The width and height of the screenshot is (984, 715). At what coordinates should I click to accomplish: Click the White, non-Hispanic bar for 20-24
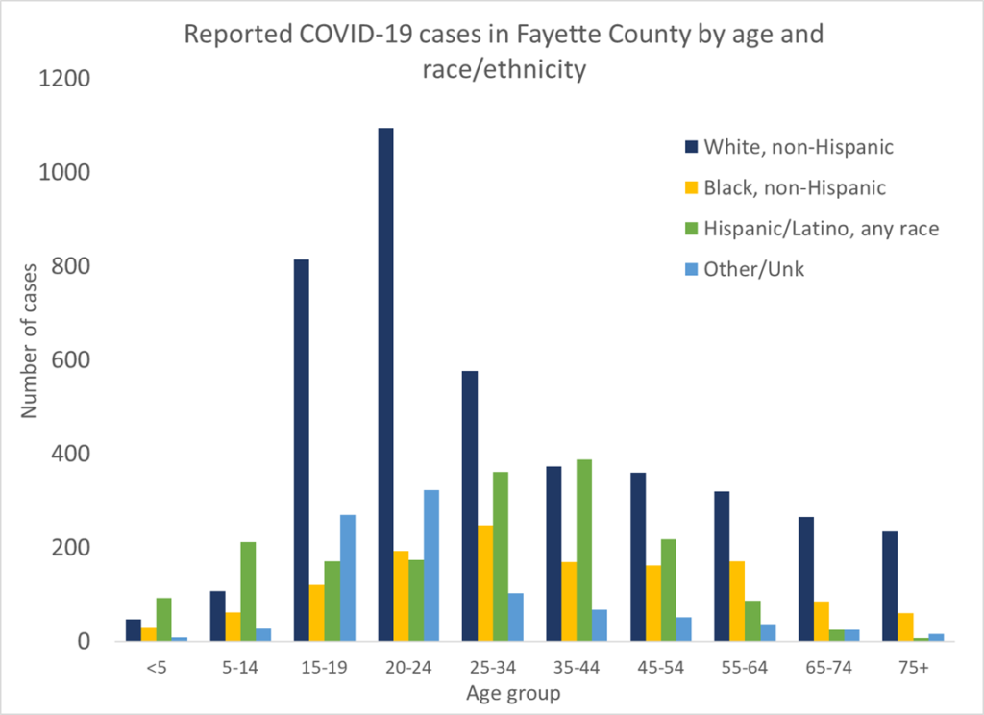click(x=386, y=384)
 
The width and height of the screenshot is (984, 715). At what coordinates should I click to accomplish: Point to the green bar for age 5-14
click(x=249, y=591)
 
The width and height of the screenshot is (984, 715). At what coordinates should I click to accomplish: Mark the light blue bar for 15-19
click(x=347, y=578)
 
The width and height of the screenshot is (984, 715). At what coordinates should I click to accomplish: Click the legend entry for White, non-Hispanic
click(x=799, y=147)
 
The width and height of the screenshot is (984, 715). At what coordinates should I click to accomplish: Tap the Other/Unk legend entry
click(x=753, y=269)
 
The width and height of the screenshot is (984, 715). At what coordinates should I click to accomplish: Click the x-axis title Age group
click(x=513, y=692)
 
